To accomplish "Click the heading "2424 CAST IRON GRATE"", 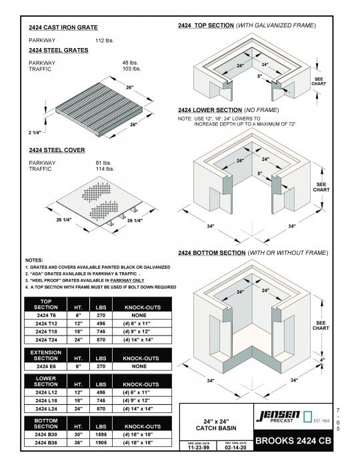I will click(x=63, y=28).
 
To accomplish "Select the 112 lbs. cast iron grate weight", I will click(x=105, y=41).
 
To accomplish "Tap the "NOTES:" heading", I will click(x=34, y=260).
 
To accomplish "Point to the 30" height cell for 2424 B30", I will click(x=77, y=434).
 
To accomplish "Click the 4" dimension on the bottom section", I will click(x=322, y=361).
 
